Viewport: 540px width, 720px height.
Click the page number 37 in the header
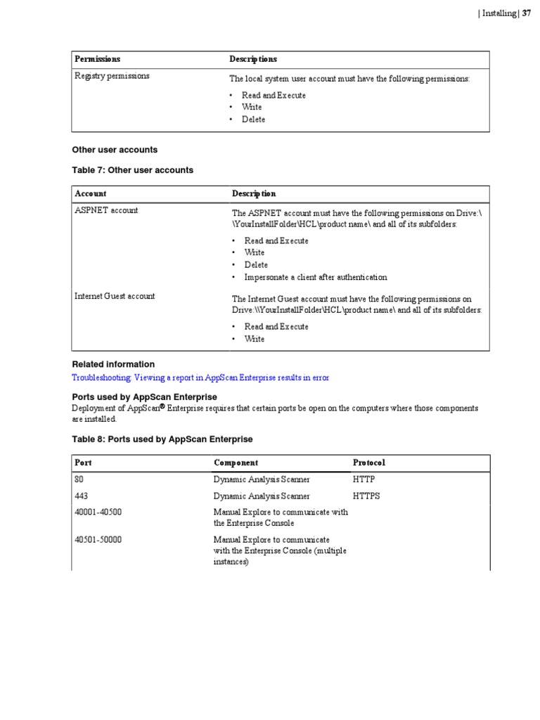point(526,13)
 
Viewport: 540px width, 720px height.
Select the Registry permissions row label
point(112,76)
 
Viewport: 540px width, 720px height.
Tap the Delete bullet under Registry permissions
point(254,120)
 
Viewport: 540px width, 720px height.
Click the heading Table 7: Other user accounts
point(132,170)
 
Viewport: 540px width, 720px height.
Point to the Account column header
point(91,193)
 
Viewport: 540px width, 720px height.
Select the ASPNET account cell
point(106,210)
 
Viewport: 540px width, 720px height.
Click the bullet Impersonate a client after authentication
point(315,277)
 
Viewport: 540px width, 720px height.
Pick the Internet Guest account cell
point(115,296)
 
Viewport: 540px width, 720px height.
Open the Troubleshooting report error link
point(200,378)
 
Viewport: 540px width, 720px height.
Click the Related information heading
point(113,364)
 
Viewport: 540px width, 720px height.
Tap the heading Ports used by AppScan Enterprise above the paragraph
point(144,397)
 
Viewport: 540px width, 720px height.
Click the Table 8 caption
point(162,439)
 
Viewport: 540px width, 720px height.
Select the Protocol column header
point(368,463)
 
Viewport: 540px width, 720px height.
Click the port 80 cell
point(79,479)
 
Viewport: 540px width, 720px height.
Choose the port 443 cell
point(81,496)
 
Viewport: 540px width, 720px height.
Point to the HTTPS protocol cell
point(366,496)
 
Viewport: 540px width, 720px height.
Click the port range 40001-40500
point(98,512)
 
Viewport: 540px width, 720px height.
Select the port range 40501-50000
point(98,539)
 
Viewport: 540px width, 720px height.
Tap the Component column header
point(236,463)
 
